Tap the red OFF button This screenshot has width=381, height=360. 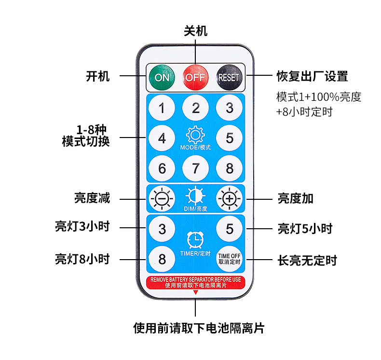point(195,77)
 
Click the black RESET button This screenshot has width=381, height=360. point(229,77)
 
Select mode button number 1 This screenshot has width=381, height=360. point(162,108)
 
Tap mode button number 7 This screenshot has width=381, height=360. point(195,168)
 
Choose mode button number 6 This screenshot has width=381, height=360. point(162,168)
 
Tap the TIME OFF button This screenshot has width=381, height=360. point(229,259)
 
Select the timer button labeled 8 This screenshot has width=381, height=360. point(162,259)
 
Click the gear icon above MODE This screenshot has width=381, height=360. point(195,135)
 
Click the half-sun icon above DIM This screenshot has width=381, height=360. point(195,196)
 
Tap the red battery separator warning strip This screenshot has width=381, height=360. point(195,282)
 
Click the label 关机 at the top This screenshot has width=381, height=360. point(195,31)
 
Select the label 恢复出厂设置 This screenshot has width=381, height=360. point(312,76)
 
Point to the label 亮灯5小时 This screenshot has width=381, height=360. point(305,228)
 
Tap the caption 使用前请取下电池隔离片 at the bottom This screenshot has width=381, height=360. point(199,329)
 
